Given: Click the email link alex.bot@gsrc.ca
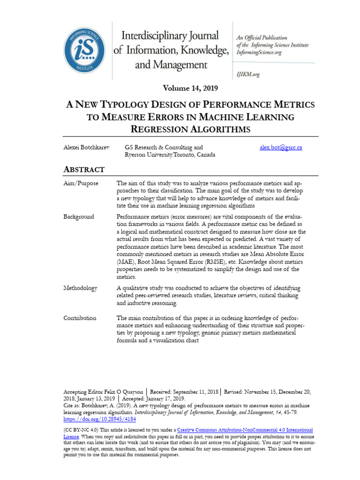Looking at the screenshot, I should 281,147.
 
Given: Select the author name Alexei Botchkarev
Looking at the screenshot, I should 86,147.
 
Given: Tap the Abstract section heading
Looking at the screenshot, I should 84,169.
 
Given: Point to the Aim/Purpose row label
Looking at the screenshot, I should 81,183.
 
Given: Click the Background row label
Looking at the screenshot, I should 79,217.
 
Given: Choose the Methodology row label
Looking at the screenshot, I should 80,288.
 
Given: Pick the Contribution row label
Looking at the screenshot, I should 80,318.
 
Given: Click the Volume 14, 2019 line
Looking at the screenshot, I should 191,88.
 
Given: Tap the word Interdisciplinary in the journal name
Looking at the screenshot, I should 170,36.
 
